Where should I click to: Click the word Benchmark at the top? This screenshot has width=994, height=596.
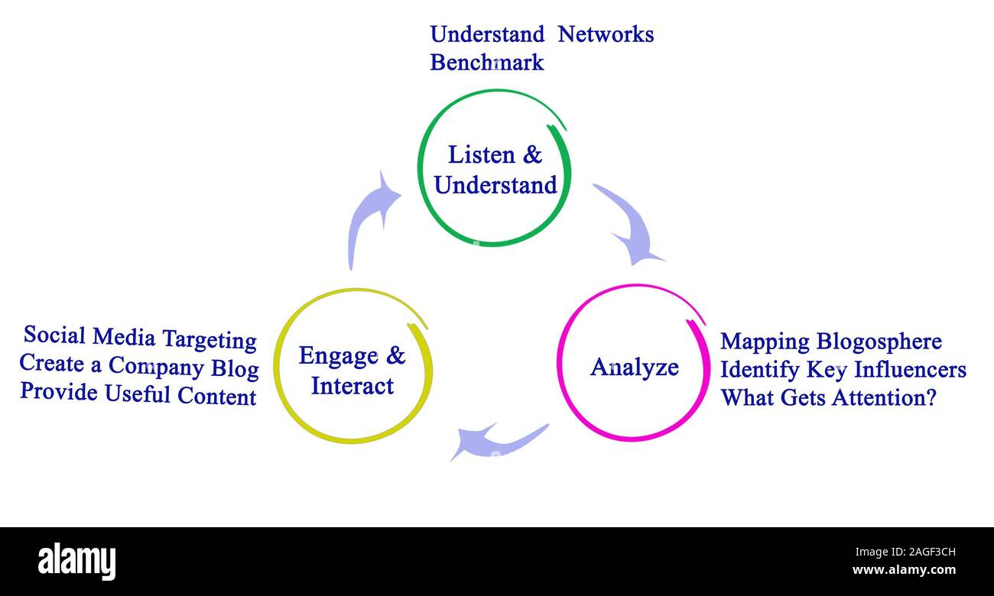point(486,62)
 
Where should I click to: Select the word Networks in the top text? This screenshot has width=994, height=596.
point(605,34)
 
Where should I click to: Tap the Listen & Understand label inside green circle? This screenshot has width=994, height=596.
point(495,170)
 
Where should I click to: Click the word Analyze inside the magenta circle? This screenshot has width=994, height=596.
point(634,368)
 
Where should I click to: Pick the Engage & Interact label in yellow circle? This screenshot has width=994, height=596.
point(352,371)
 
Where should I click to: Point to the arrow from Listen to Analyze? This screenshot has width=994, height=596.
point(629,223)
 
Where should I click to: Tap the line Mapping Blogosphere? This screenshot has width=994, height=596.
point(830,342)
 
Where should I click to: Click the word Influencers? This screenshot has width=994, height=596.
point(910,370)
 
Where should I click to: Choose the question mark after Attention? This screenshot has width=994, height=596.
point(931,397)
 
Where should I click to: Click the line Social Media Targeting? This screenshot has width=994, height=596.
point(140,337)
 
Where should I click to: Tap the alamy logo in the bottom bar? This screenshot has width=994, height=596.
point(76,562)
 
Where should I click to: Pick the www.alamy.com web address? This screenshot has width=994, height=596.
point(904,570)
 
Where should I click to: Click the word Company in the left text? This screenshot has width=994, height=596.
point(155,367)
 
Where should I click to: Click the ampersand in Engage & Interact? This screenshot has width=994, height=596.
point(395,355)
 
